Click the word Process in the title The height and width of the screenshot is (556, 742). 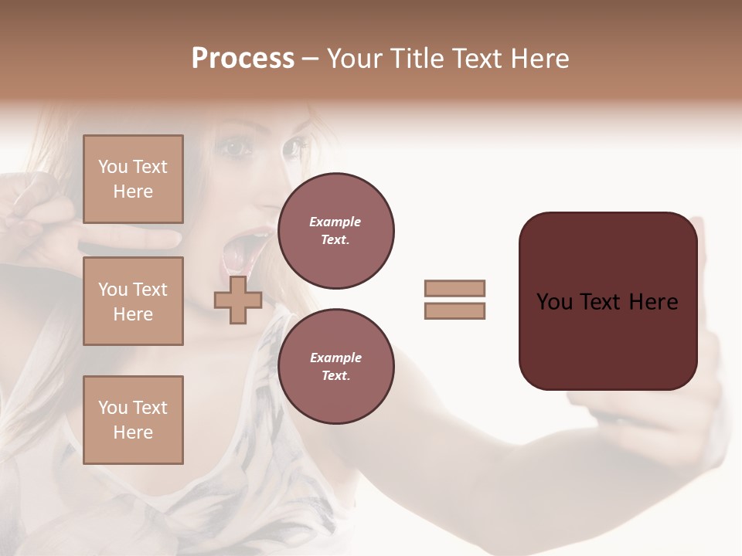coord(243,59)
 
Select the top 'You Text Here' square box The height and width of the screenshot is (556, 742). coord(133,179)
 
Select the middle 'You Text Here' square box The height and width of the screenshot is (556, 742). coord(133,301)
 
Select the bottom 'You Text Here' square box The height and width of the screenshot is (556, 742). coord(133,420)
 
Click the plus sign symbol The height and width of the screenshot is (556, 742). coord(238,300)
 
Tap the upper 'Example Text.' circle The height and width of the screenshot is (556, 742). coord(335,231)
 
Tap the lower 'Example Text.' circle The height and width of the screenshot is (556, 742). coord(335,367)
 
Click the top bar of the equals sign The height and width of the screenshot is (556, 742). coord(455,288)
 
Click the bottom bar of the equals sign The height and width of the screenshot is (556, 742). coord(455,311)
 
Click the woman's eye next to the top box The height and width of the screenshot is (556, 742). coord(230,147)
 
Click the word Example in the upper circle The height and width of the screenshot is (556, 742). coord(335,222)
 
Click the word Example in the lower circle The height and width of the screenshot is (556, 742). coord(335,358)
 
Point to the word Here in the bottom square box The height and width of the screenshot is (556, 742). coord(133,432)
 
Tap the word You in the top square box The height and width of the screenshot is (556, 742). coord(111,167)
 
